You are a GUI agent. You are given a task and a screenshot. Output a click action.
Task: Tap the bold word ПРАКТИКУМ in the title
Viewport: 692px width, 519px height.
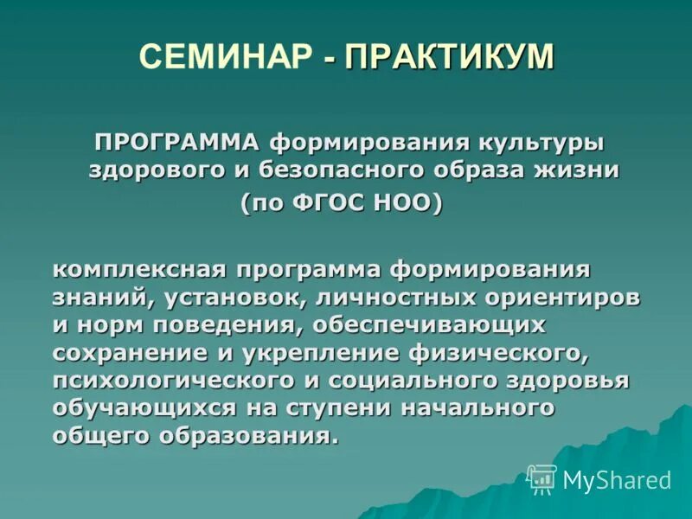(449, 56)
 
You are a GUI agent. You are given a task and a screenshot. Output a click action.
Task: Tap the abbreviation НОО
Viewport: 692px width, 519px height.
(405, 204)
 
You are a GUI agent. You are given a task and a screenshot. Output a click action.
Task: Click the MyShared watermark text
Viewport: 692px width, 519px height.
(617, 480)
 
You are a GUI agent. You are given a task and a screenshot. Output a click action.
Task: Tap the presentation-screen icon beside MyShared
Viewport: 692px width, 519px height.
(541, 478)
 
